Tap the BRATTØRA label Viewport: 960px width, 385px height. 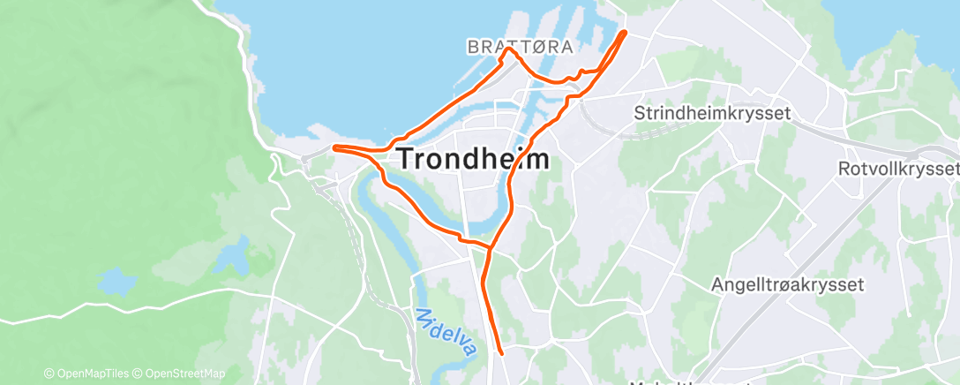tap(521, 46)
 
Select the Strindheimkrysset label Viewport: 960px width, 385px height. tap(712, 113)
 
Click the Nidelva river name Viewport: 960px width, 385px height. tap(447, 332)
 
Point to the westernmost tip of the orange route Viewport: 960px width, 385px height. tap(334, 147)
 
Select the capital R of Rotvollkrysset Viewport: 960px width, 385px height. tap(844, 168)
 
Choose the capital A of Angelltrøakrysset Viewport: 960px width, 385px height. tap(719, 285)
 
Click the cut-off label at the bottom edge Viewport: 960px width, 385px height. tap(671, 381)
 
